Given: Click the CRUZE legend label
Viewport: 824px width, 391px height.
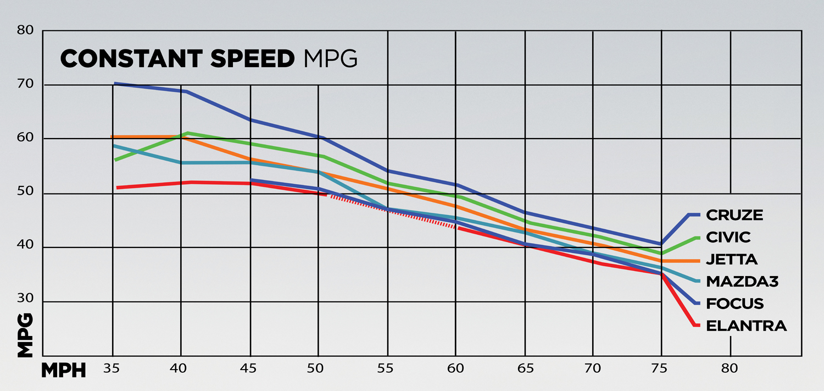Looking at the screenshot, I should coord(734,214).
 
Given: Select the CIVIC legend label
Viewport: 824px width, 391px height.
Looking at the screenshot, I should coord(728,237).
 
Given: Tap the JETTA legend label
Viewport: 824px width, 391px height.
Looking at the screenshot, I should coord(731,260).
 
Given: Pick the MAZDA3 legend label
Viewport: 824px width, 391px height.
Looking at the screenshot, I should coord(742,282).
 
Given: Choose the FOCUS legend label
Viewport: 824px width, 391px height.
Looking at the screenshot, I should coord(734,304).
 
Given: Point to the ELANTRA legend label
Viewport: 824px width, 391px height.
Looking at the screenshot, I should coord(746,326).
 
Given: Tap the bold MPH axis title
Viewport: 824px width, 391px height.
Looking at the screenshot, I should coord(64,371).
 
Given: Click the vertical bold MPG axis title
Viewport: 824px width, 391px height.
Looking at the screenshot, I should coord(25,335).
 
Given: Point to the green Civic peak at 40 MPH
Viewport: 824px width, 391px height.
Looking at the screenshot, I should coord(187,133).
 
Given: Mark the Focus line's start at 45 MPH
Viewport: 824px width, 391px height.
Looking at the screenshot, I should coord(251,180).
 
